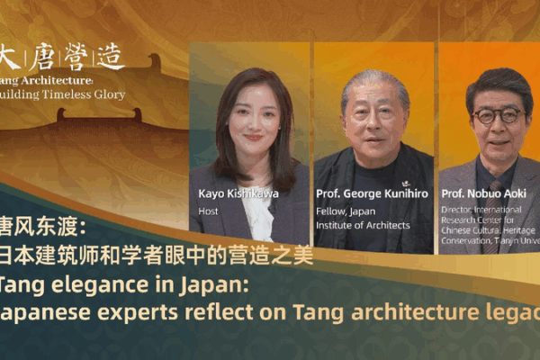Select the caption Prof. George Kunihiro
tap(372, 193)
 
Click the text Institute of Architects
tap(363, 225)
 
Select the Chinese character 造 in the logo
tap(109, 58)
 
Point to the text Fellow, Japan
tap(346, 211)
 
